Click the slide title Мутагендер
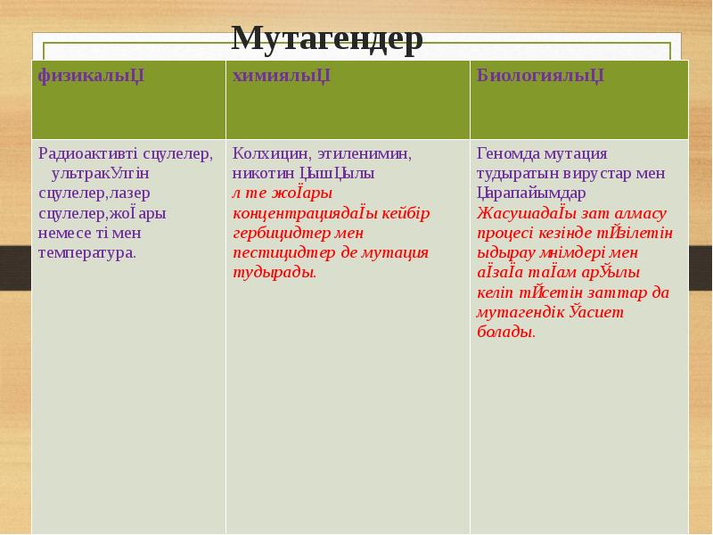point(326,38)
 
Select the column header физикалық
point(91,75)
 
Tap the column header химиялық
point(282,75)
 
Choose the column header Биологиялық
point(540,75)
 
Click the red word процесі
point(505,233)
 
